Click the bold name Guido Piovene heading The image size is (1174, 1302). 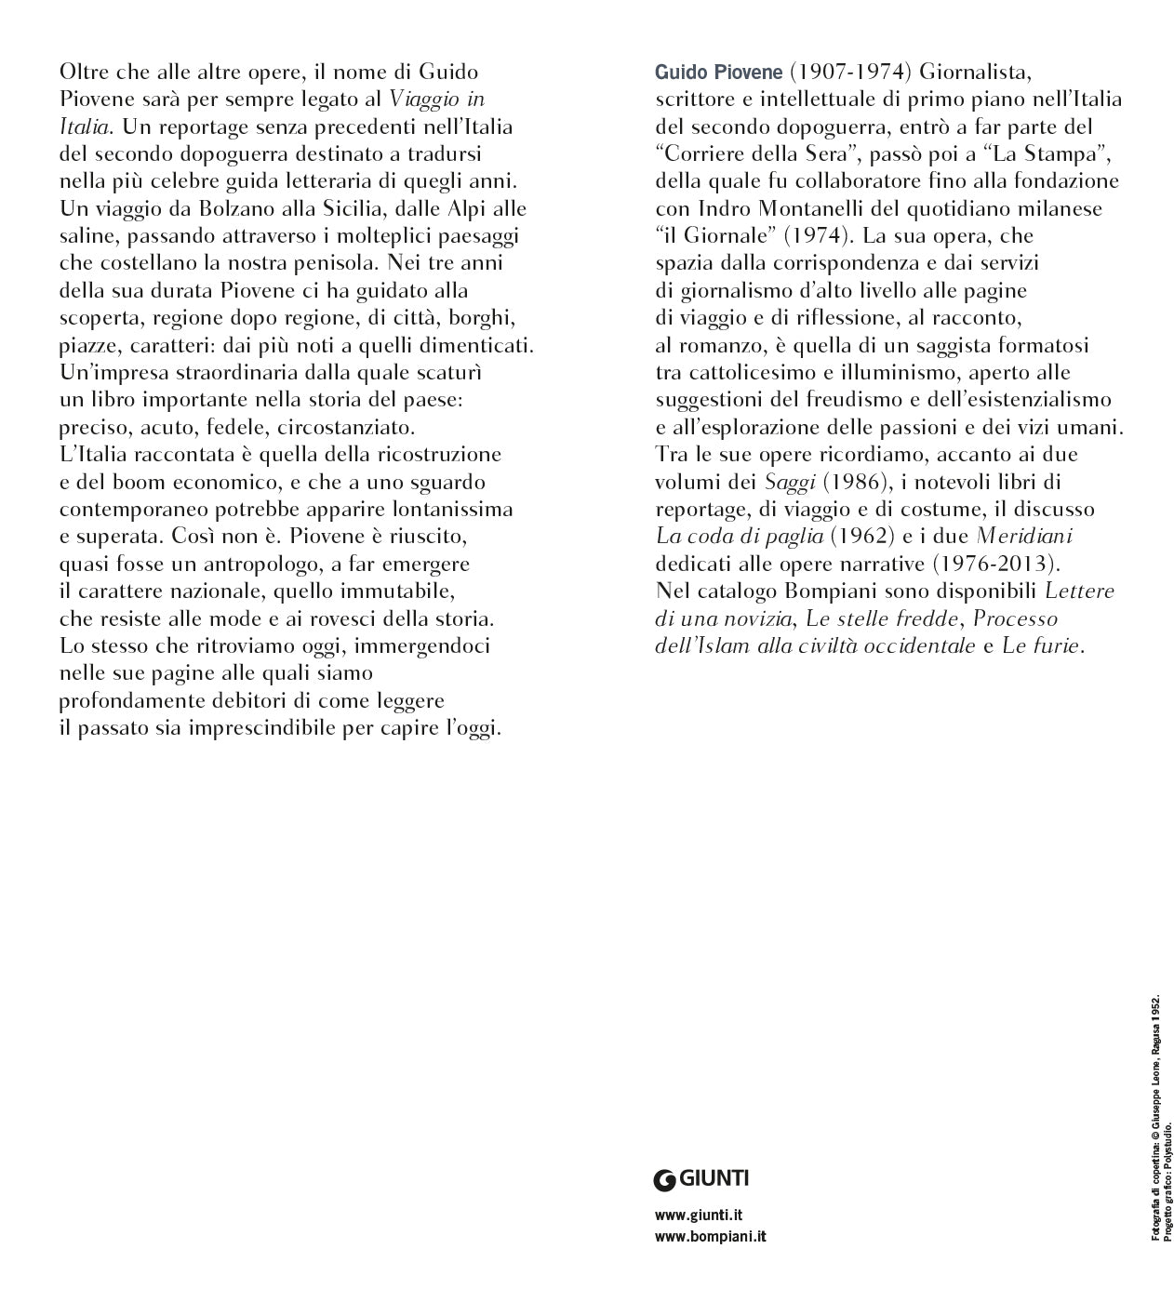[719, 73]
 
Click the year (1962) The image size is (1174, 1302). [861, 537]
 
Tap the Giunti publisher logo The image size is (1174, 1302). [701, 1179]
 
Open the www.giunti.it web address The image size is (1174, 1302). [699, 1215]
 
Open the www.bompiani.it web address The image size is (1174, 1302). [711, 1236]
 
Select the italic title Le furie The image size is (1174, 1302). [1043, 646]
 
